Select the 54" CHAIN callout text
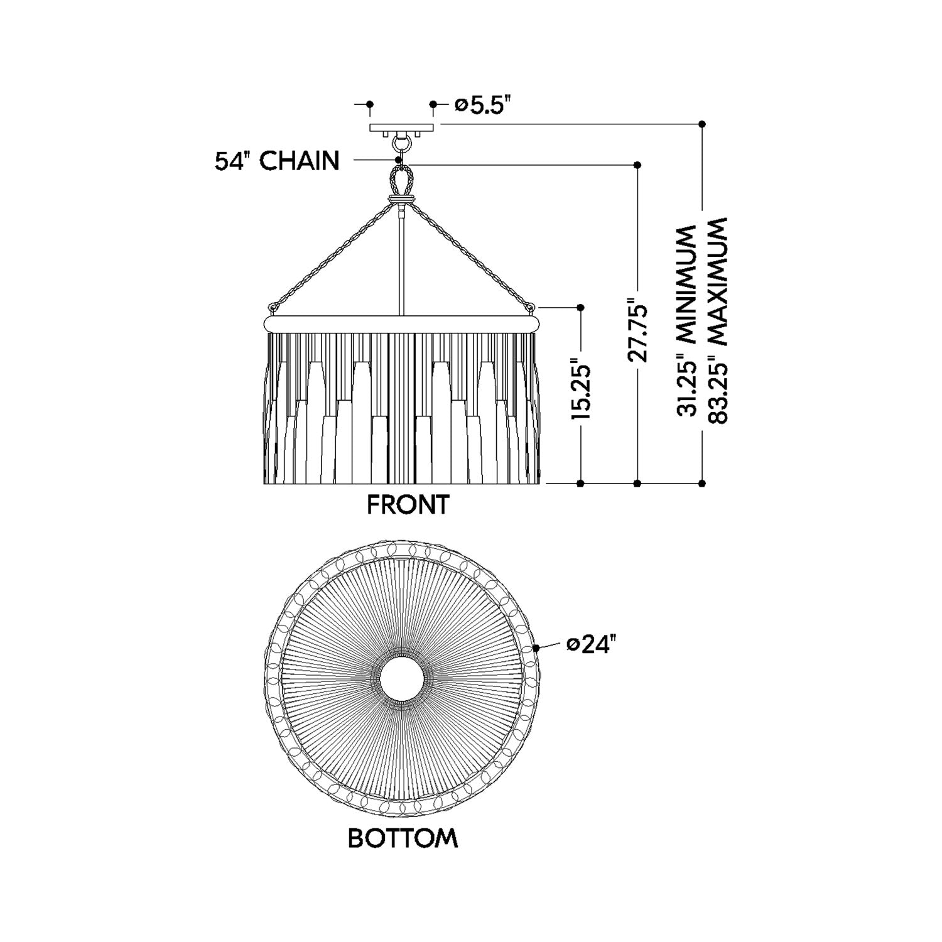pyautogui.click(x=277, y=161)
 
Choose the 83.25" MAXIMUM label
pyautogui.click(x=716, y=320)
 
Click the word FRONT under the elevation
pyautogui.click(x=408, y=505)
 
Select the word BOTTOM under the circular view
pyautogui.click(x=403, y=838)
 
